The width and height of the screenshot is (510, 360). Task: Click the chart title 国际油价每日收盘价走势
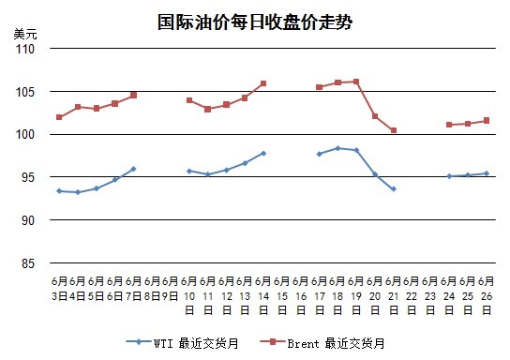click(x=255, y=22)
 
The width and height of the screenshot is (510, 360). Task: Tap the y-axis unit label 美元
click(x=25, y=34)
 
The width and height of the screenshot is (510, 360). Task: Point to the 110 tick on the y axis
click(x=25, y=49)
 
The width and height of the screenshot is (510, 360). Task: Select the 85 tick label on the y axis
click(x=28, y=263)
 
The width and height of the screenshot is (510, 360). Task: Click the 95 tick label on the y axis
click(x=28, y=177)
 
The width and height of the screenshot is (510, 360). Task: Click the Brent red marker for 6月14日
click(x=263, y=83)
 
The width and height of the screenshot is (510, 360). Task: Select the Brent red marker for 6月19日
click(x=356, y=82)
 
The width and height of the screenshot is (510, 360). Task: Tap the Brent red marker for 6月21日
click(x=394, y=130)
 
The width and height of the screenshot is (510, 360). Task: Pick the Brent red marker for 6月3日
click(x=59, y=117)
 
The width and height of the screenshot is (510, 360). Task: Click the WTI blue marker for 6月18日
click(x=337, y=148)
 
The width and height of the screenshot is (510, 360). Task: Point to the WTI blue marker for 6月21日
click(x=394, y=189)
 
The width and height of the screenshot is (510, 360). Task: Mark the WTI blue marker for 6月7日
click(x=133, y=169)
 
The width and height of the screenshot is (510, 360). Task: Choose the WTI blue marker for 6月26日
click(x=487, y=173)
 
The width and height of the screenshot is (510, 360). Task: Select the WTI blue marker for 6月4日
click(x=78, y=192)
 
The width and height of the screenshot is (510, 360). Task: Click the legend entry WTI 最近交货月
click(x=182, y=343)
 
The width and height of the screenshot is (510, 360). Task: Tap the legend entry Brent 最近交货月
click(x=322, y=343)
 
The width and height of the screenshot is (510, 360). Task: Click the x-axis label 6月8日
click(x=152, y=289)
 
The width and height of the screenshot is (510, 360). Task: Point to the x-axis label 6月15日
click(x=282, y=295)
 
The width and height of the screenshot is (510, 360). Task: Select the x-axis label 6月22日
click(x=412, y=295)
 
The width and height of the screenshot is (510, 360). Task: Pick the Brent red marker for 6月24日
click(x=449, y=125)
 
